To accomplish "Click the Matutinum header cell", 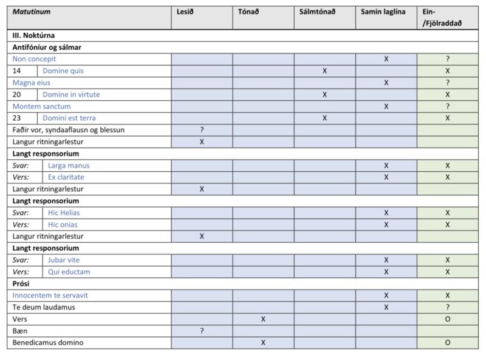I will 32,12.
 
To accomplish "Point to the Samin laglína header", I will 383,12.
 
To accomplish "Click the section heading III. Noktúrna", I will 34,36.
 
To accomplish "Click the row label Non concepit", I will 34,59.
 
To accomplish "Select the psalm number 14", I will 18,71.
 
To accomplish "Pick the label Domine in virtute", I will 71,95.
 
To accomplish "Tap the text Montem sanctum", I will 42,106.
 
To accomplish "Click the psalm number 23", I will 18,118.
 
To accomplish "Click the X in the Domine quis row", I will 325,71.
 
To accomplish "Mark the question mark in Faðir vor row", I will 202,130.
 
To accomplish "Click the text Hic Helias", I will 64,212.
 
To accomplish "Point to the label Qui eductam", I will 69,272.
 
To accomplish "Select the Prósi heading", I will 21,284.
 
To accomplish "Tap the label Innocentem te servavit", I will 50,295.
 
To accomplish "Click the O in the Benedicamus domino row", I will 448,343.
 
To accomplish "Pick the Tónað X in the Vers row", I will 263,319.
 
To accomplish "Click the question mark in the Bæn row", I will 202,331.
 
